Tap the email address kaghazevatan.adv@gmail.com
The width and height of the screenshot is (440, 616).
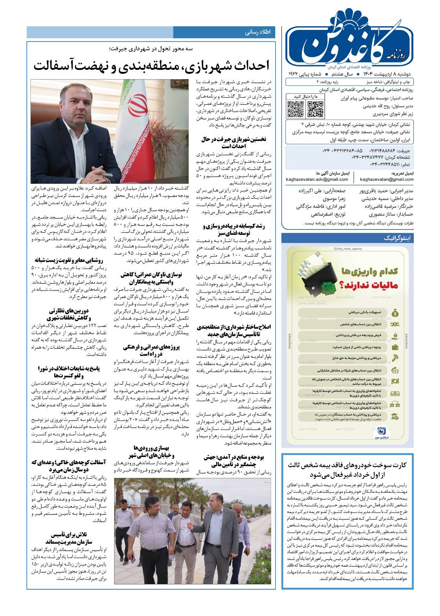[x=311, y=179]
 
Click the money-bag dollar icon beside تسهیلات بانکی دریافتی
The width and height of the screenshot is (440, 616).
[x=394, y=313]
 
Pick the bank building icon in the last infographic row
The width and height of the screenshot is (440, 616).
[x=394, y=416]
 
